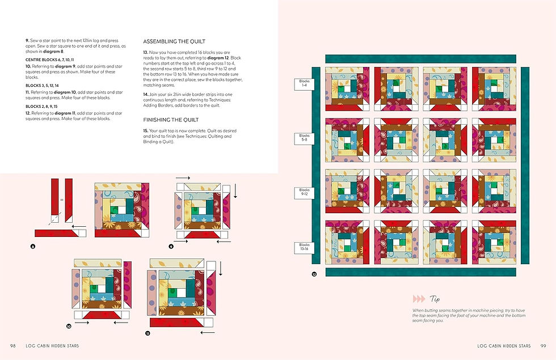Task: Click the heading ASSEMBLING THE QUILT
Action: [x=174, y=42]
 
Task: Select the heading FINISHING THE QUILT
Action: [x=171, y=120]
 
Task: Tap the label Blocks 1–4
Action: [x=305, y=84]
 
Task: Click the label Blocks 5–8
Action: [x=305, y=138]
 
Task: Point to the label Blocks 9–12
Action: [x=305, y=192]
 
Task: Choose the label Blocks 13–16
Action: [x=305, y=247]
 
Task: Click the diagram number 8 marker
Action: [x=33, y=247]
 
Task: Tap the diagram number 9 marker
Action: [x=171, y=247]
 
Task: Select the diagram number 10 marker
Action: [x=69, y=326]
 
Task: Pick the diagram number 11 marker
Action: [x=148, y=334]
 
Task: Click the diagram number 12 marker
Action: [x=314, y=274]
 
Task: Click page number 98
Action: [x=12, y=345]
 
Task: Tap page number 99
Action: [x=543, y=345]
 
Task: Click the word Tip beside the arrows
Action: [x=435, y=298]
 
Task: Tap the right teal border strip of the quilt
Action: [x=525, y=164]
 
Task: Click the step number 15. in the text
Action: [x=146, y=131]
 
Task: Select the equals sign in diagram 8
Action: [x=61, y=200]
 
